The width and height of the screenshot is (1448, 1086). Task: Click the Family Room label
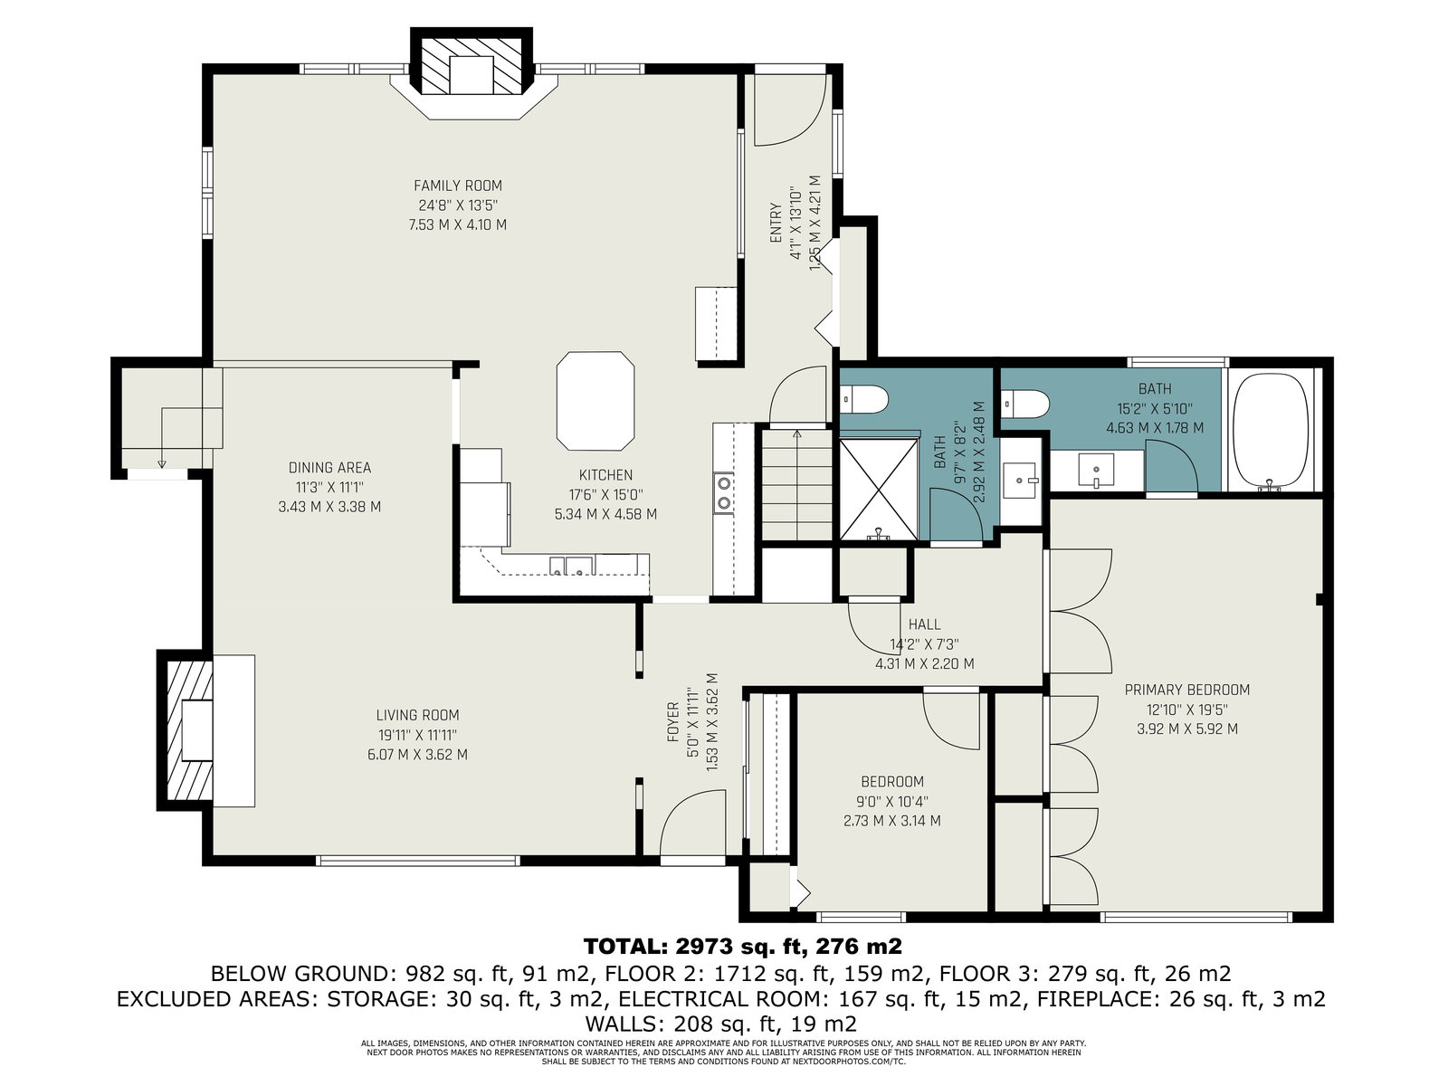tap(458, 186)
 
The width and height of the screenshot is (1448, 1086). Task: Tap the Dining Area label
tap(329, 468)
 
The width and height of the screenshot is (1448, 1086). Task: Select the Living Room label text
tap(417, 716)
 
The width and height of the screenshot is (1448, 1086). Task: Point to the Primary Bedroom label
tap(1187, 691)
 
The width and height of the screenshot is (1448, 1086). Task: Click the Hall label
tap(924, 624)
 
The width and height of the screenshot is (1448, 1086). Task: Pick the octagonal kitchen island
tap(595, 401)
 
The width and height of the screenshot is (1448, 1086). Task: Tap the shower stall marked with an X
tap(878, 489)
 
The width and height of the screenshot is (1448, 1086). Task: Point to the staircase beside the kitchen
tap(797, 485)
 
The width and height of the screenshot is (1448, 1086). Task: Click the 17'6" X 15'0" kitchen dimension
tap(605, 494)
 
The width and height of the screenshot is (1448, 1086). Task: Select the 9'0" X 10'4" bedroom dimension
tap(892, 802)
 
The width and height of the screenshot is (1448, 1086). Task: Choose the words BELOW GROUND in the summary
tap(304, 974)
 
